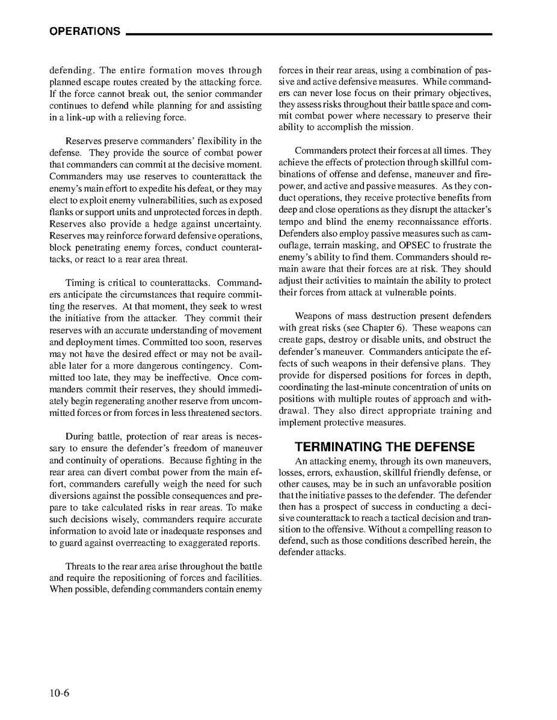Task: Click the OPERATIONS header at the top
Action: (85, 31)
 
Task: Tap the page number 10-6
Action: (60, 693)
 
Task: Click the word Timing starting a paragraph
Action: (79, 283)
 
